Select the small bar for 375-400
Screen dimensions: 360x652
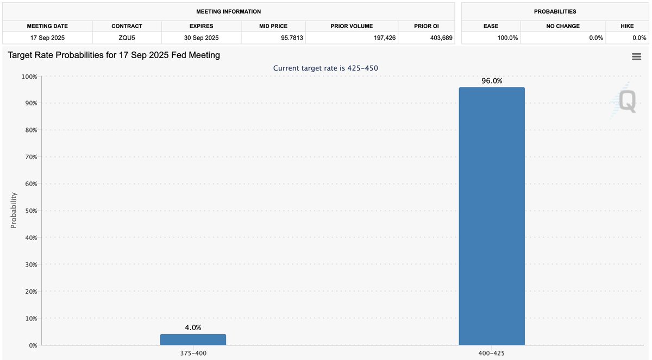(x=193, y=339)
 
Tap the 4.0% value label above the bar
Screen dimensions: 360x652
(x=193, y=327)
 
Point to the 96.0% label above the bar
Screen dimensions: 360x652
(x=492, y=81)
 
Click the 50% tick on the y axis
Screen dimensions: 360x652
(x=29, y=211)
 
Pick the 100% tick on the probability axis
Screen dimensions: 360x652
(x=28, y=77)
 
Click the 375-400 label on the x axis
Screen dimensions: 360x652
(x=193, y=353)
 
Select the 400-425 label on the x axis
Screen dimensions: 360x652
(x=492, y=353)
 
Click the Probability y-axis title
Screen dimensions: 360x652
(x=14, y=211)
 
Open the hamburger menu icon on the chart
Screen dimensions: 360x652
(x=636, y=56)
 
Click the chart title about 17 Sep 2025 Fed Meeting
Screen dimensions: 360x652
(x=114, y=55)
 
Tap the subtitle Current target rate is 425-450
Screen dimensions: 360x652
(x=325, y=68)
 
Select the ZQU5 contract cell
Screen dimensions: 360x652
(x=127, y=38)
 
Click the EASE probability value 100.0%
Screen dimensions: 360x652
(x=507, y=38)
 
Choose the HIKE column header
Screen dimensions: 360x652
(x=626, y=26)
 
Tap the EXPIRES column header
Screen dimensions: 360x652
(x=201, y=26)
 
